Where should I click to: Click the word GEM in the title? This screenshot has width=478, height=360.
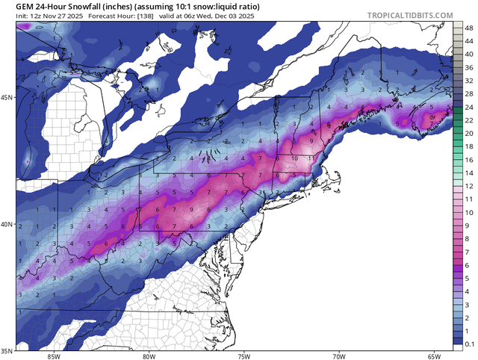[x=26, y=6]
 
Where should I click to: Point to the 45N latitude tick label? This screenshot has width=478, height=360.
[x=7, y=98]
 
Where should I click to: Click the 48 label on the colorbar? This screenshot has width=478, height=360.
[x=467, y=28]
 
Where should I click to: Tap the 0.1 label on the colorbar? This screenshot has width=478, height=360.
[x=468, y=344]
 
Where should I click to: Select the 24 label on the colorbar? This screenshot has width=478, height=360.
[x=467, y=107]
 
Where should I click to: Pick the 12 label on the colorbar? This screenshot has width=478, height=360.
[x=467, y=186]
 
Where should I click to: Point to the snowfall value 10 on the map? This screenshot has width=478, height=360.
[x=295, y=158]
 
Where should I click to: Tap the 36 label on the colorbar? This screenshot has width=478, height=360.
[x=467, y=67]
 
